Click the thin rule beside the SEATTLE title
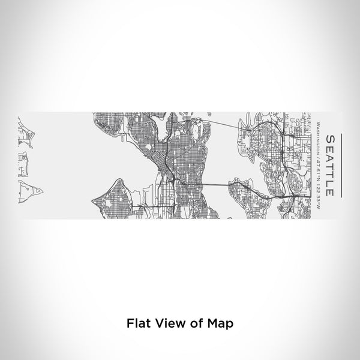pyautogui.click(x=341, y=165)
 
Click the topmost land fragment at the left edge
pyautogui.click(x=25, y=129)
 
